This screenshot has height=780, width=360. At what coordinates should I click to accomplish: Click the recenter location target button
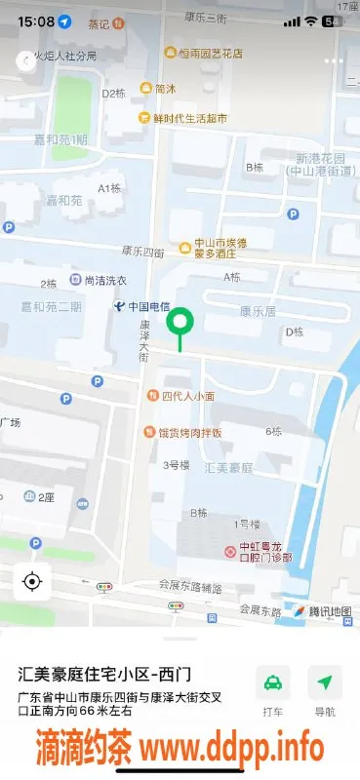click(x=31, y=583)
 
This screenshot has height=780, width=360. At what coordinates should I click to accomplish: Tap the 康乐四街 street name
click(x=143, y=252)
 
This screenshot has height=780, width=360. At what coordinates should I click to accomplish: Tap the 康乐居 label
click(x=258, y=311)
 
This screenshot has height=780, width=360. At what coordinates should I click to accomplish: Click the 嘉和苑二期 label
click(x=52, y=306)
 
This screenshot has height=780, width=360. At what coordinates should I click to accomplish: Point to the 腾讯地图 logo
click(x=322, y=612)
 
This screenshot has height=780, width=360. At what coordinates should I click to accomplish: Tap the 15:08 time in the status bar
click(x=35, y=20)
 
